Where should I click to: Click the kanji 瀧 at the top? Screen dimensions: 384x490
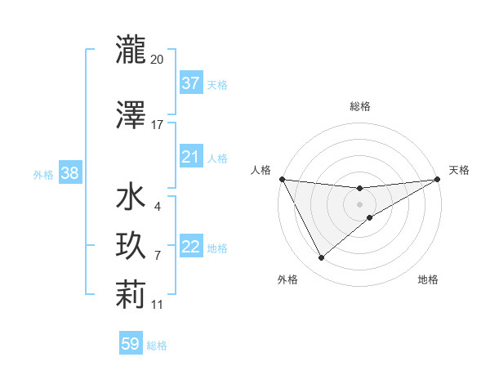click(131, 50)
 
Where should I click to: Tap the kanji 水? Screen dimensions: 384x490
click(131, 199)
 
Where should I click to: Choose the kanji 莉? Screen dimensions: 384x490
click(131, 295)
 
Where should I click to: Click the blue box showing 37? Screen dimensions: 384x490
click(190, 83)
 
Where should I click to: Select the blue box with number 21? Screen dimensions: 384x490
click(190, 157)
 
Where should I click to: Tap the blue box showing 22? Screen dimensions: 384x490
click(190, 247)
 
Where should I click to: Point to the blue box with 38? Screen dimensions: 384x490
click(69, 173)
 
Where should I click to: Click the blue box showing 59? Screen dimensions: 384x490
click(131, 344)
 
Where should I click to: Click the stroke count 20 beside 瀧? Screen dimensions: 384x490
click(157, 59)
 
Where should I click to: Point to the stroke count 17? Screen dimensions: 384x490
click(157, 125)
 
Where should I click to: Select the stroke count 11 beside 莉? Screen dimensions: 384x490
click(157, 304)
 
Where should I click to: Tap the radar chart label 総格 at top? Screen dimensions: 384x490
click(359, 106)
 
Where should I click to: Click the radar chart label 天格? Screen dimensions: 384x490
click(459, 170)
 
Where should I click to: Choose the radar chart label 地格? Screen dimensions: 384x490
click(428, 279)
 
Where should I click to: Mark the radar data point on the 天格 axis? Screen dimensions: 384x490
click(439, 179)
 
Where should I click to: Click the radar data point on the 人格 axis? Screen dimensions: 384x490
click(282, 179)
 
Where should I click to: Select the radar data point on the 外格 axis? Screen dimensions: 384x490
click(321, 258)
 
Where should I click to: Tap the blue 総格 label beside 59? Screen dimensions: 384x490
click(157, 346)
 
